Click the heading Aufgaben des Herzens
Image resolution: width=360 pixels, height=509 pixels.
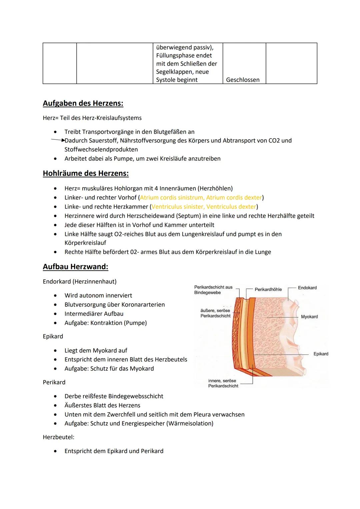[83, 103]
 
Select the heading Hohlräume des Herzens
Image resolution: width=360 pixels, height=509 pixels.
[86, 173]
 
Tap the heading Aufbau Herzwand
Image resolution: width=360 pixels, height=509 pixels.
[75, 267]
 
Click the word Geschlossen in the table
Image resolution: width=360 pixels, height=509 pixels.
[243, 80]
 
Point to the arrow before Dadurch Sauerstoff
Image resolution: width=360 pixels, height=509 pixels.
[58, 140]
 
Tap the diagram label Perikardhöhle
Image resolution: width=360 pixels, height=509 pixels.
[268, 289]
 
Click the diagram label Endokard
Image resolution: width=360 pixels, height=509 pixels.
[307, 288]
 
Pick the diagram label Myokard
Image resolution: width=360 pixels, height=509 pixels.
[309, 317]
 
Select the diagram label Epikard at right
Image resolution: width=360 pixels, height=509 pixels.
[321, 354]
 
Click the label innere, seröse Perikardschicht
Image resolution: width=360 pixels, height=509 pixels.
[223, 383]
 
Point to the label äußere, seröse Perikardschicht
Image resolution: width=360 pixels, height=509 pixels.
[215, 313]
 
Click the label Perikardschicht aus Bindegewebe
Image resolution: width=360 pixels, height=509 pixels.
[213, 290]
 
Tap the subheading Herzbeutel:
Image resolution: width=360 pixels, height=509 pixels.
[58, 437]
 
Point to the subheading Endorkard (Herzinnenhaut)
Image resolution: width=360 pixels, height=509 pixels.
[80, 282]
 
